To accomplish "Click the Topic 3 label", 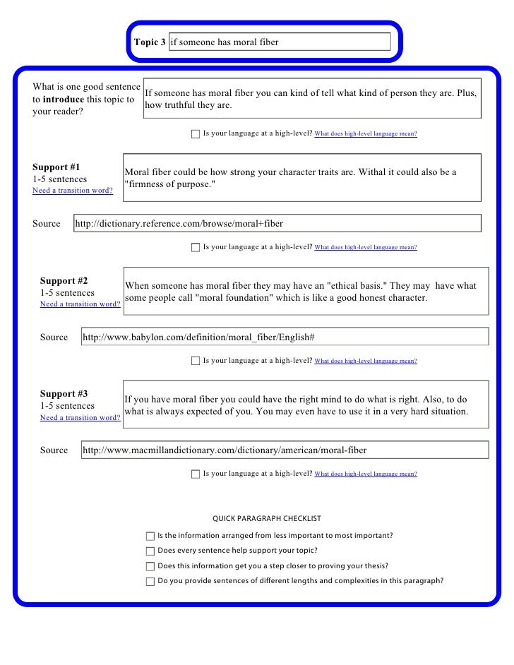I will (150, 42).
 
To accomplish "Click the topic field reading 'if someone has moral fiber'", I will (279, 42).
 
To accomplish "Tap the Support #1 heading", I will (56, 167).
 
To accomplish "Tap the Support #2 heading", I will (64, 280).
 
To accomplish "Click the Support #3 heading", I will (64, 393).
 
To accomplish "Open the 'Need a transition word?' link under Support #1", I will (73, 191).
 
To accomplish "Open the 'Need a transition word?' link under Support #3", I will (80, 417).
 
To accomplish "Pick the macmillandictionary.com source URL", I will (225, 450).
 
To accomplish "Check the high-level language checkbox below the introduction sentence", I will (196, 133).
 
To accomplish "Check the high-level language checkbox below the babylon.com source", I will (196, 361).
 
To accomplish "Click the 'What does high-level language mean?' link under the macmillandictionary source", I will (365, 474).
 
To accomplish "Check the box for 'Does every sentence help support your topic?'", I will (150, 551).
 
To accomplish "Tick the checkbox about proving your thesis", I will (150, 566).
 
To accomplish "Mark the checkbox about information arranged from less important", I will (150, 536).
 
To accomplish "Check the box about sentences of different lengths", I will (150, 582).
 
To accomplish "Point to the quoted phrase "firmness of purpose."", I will (169, 184).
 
